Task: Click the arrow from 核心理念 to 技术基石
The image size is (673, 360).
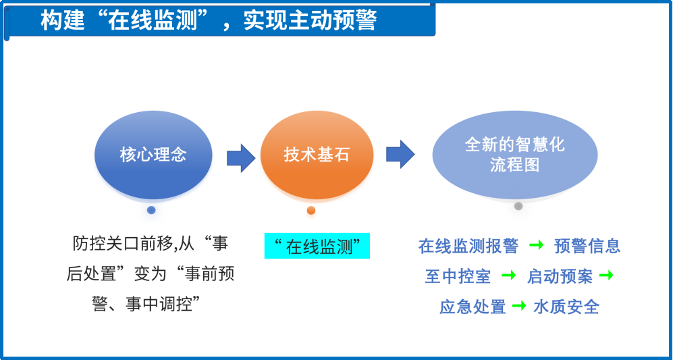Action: click(x=241, y=158)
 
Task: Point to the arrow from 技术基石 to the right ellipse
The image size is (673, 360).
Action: click(x=400, y=154)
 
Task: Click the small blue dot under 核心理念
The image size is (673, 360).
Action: click(x=151, y=210)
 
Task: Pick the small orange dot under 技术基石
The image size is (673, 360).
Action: click(x=311, y=210)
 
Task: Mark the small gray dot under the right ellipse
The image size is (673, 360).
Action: click(x=518, y=206)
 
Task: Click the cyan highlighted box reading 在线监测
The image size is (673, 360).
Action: click(x=317, y=246)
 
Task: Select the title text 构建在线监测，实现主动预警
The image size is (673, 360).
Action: click(x=209, y=20)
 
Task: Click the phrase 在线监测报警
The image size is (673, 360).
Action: click(x=468, y=247)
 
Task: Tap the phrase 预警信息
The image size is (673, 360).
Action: click(x=587, y=247)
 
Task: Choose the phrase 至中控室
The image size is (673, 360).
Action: click(x=458, y=276)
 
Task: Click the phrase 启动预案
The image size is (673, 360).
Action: click(x=560, y=276)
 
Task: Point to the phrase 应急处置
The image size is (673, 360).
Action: click(x=473, y=307)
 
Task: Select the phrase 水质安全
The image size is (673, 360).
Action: click(x=566, y=307)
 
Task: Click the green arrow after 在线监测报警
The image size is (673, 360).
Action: click(x=536, y=245)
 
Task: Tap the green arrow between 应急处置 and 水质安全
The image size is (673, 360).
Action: click(x=519, y=305)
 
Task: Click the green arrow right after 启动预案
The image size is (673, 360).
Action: click(x=606, y=275)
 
